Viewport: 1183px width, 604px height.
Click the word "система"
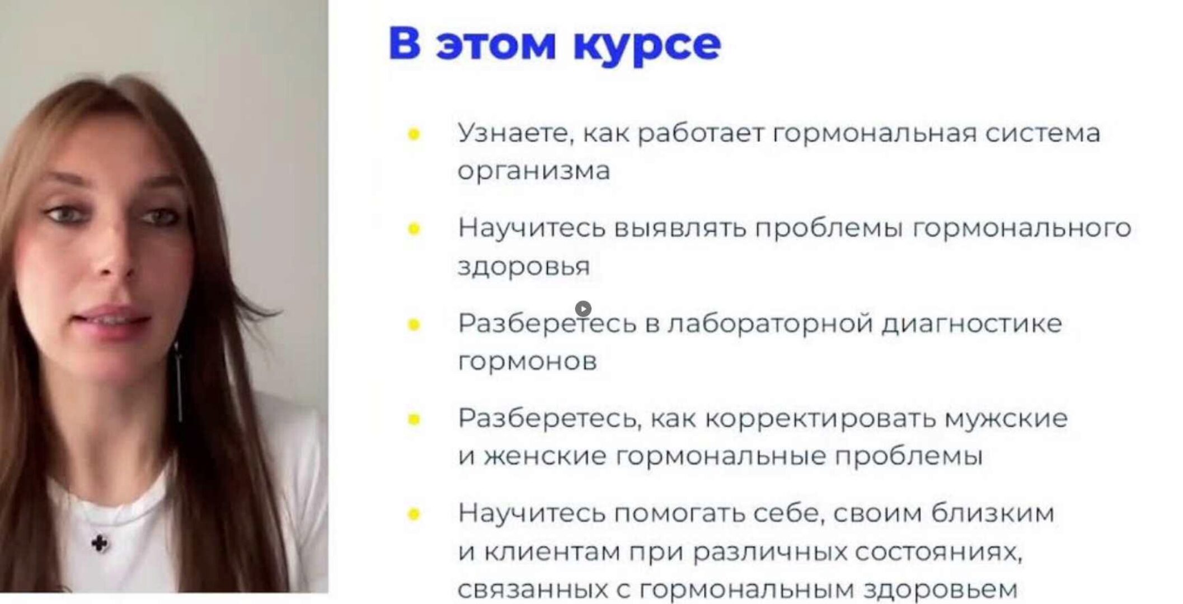[1043, 134]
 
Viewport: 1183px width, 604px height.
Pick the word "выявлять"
[680, 228]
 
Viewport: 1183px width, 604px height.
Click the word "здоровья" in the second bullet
[524, 267]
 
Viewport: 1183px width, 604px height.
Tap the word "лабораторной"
[770, 324]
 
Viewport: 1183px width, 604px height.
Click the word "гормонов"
[527, 361]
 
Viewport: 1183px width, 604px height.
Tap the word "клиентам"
[552, 552]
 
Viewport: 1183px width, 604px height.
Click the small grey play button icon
[583, 309]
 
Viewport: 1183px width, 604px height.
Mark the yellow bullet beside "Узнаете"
[414, 134]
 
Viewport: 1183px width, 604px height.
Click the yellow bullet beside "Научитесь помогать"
[414, 514]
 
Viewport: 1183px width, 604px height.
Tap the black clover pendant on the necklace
[100, 543]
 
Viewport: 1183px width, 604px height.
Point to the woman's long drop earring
[179, 383]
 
